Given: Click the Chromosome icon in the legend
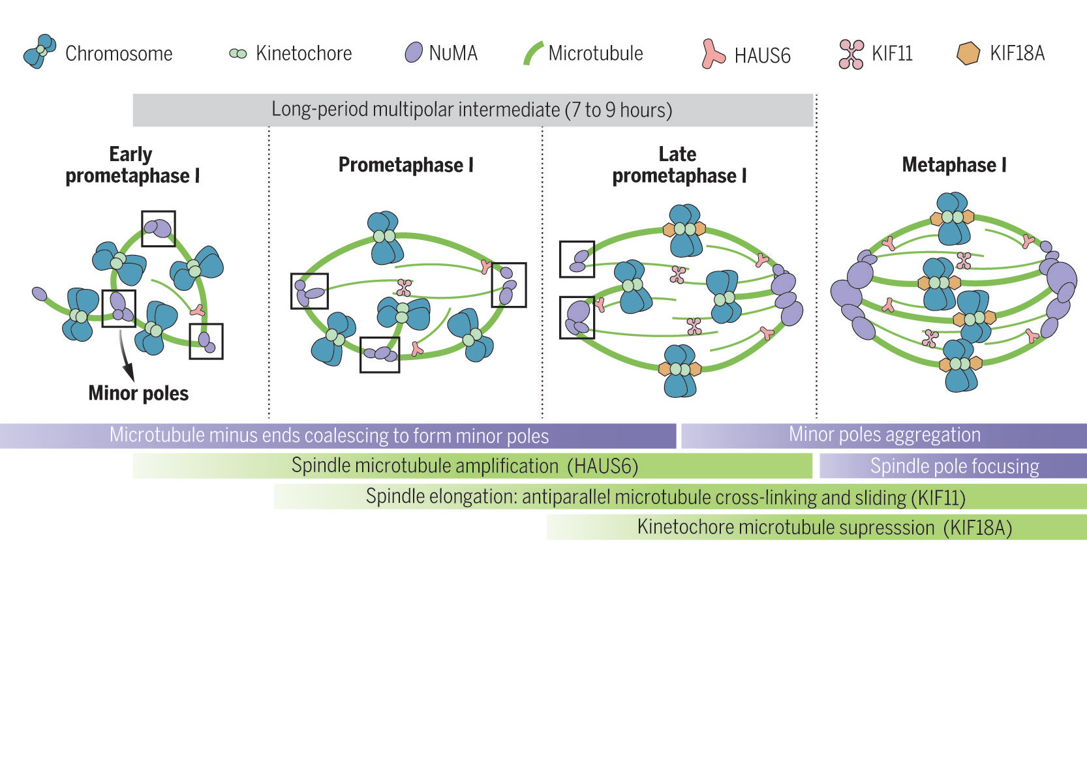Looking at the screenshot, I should (x=39, y=52).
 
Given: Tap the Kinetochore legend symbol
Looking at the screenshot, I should (x=238, y=53).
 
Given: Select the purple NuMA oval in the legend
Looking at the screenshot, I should (x=414, y=52).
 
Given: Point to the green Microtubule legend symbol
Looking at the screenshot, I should (x=532, y=53).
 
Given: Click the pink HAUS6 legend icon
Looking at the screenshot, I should (x=712, y=54).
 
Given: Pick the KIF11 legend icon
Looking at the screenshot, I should (x=851, y=54).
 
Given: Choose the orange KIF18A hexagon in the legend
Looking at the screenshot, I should (x=968, y=53).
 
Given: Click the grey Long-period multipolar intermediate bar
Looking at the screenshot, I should (x=472, y=110).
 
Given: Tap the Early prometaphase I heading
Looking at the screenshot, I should (x=132, y=165).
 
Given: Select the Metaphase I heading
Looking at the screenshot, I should (x=954, y=165).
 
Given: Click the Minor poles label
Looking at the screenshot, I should (x=138, y=393).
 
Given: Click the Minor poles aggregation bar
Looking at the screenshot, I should (x=884, y=435).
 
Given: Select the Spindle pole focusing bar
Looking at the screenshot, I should (x=954, y=466).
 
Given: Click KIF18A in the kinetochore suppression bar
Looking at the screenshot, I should (x=977, y=528).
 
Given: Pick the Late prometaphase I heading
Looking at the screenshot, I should (x=679, y=165).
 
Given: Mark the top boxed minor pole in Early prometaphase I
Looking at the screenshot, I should (x=159, y=228).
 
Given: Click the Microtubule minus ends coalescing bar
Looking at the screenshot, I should (x=329, y=436).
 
